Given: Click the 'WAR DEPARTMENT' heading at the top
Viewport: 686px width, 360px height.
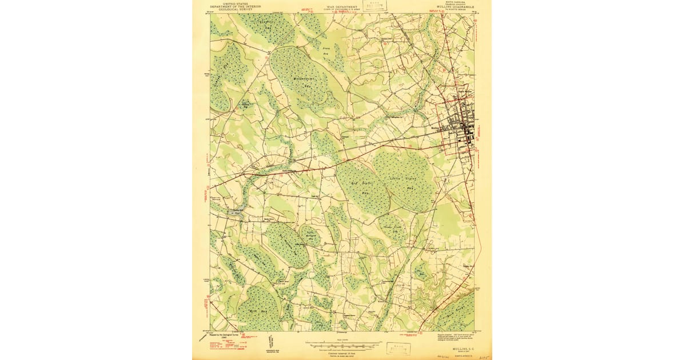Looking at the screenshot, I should (342, 6).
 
